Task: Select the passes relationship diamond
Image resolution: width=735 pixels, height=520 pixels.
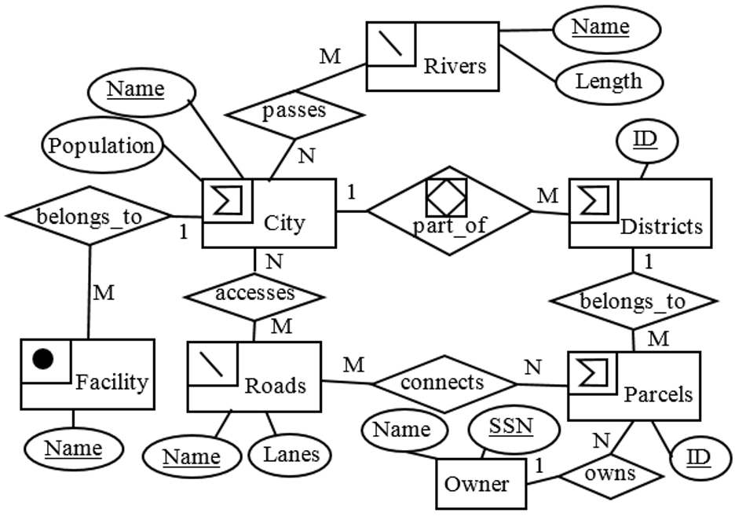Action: tap(295, 111)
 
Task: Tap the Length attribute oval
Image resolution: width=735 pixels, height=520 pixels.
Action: tap(608, 82)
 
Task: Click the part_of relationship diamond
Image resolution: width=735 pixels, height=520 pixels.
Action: tap(450, 210)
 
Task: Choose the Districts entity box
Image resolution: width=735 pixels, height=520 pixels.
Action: tap(640, 212)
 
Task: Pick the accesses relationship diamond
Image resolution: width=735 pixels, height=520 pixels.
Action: tap(254, 295)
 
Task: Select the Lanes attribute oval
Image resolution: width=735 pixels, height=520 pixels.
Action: tap(291, 454)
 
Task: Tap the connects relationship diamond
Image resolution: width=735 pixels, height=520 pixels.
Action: tap(442, 383)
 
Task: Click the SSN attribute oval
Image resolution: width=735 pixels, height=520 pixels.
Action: tap(511, 429)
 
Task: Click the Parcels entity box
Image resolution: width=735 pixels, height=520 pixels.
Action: tap(633, 384)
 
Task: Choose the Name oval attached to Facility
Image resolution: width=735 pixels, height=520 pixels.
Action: tap(72, 449)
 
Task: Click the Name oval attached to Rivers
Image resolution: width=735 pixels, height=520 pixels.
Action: tap(600, 28)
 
